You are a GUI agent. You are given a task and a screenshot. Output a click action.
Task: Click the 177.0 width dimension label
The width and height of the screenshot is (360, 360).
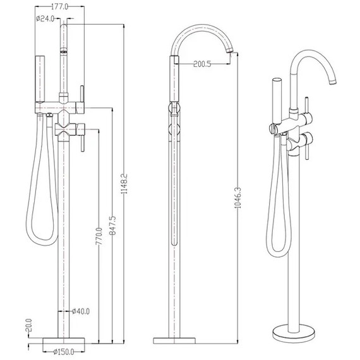(59, 7)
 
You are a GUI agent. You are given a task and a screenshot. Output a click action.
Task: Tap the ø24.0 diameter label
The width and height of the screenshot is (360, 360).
(45, 18)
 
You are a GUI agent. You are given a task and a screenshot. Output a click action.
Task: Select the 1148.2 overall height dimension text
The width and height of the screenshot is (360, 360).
(124, 183)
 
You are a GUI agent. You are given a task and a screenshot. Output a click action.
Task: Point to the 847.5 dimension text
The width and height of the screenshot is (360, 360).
(112, 225)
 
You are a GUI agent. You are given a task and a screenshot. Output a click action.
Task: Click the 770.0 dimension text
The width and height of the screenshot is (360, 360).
(99, 236)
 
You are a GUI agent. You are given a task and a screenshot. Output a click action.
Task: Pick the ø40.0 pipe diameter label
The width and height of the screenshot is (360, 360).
(81, 311)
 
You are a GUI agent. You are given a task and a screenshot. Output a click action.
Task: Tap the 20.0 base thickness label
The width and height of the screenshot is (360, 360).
(29, 325)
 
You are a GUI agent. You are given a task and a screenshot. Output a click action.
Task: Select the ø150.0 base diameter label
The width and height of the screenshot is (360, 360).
(64, 352)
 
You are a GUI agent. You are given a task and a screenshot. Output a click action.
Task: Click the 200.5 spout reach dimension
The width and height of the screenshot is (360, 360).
(202, 64)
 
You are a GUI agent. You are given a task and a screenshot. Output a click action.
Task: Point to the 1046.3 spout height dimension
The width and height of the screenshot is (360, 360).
(238, 198)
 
